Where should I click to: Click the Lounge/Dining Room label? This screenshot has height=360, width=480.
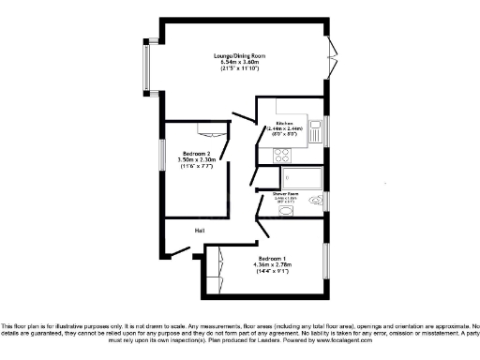click(x=237, y=56)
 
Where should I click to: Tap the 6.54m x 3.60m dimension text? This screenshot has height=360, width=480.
click(x=237, y=63)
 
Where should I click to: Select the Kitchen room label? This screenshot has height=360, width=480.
click(x=285, y=123)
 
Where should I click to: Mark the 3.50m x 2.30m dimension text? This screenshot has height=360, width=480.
click(x=197, y=160)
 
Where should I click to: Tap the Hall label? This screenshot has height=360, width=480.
click(x=200, y=231)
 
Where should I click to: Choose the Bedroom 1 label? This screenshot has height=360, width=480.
click(x=273, y=257)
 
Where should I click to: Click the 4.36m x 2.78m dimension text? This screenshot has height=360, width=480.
click(x=273, y=264)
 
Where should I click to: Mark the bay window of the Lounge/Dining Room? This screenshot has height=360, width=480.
click(x=146, y=67)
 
